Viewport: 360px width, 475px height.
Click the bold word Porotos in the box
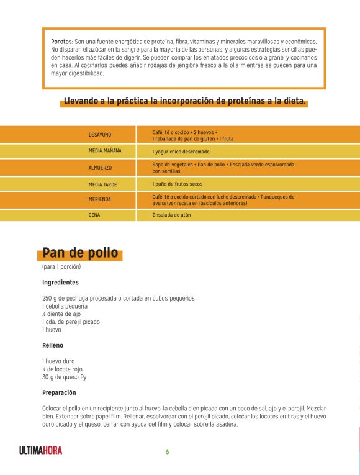pyautogui.click(x=61, y=41)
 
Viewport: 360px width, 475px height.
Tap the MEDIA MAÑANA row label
pyautogui.click(x=105, y=151)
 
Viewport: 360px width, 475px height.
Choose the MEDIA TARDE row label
pyautogui.click(x=102, y=184)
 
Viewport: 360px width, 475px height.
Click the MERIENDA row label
pyautogui.click(x=100, y=199)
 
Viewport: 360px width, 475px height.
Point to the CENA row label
pyautogui.click(x=94, y=215)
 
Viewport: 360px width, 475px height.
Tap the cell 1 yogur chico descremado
pyautogui.click(x=181, y=151)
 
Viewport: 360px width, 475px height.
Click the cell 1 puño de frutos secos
pyautogui.click(x=177, y=184)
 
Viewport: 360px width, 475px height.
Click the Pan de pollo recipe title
pyautogui.click(x=80, y=253)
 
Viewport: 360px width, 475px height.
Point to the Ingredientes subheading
pyautogui.click(x=60, y=282)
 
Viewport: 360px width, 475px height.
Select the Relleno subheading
pyautogui.click(x=53, y=345)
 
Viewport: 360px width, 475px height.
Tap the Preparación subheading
pyautogui.click(x=59, y=392)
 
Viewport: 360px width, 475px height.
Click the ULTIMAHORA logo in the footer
pyautogui.click(x=41, y=451)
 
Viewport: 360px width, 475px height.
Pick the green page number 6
pyautogui.click(x=167, y=451)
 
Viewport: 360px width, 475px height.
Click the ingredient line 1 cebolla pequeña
pyautogui.click(x=65, y=306)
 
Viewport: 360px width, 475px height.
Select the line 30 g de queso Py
pyautogui.click(x=64, y=376)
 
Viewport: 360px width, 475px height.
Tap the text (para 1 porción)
pyautogui.click(x=61, y=267)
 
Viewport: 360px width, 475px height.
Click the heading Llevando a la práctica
pyautogui.click(x=184, y=102)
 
